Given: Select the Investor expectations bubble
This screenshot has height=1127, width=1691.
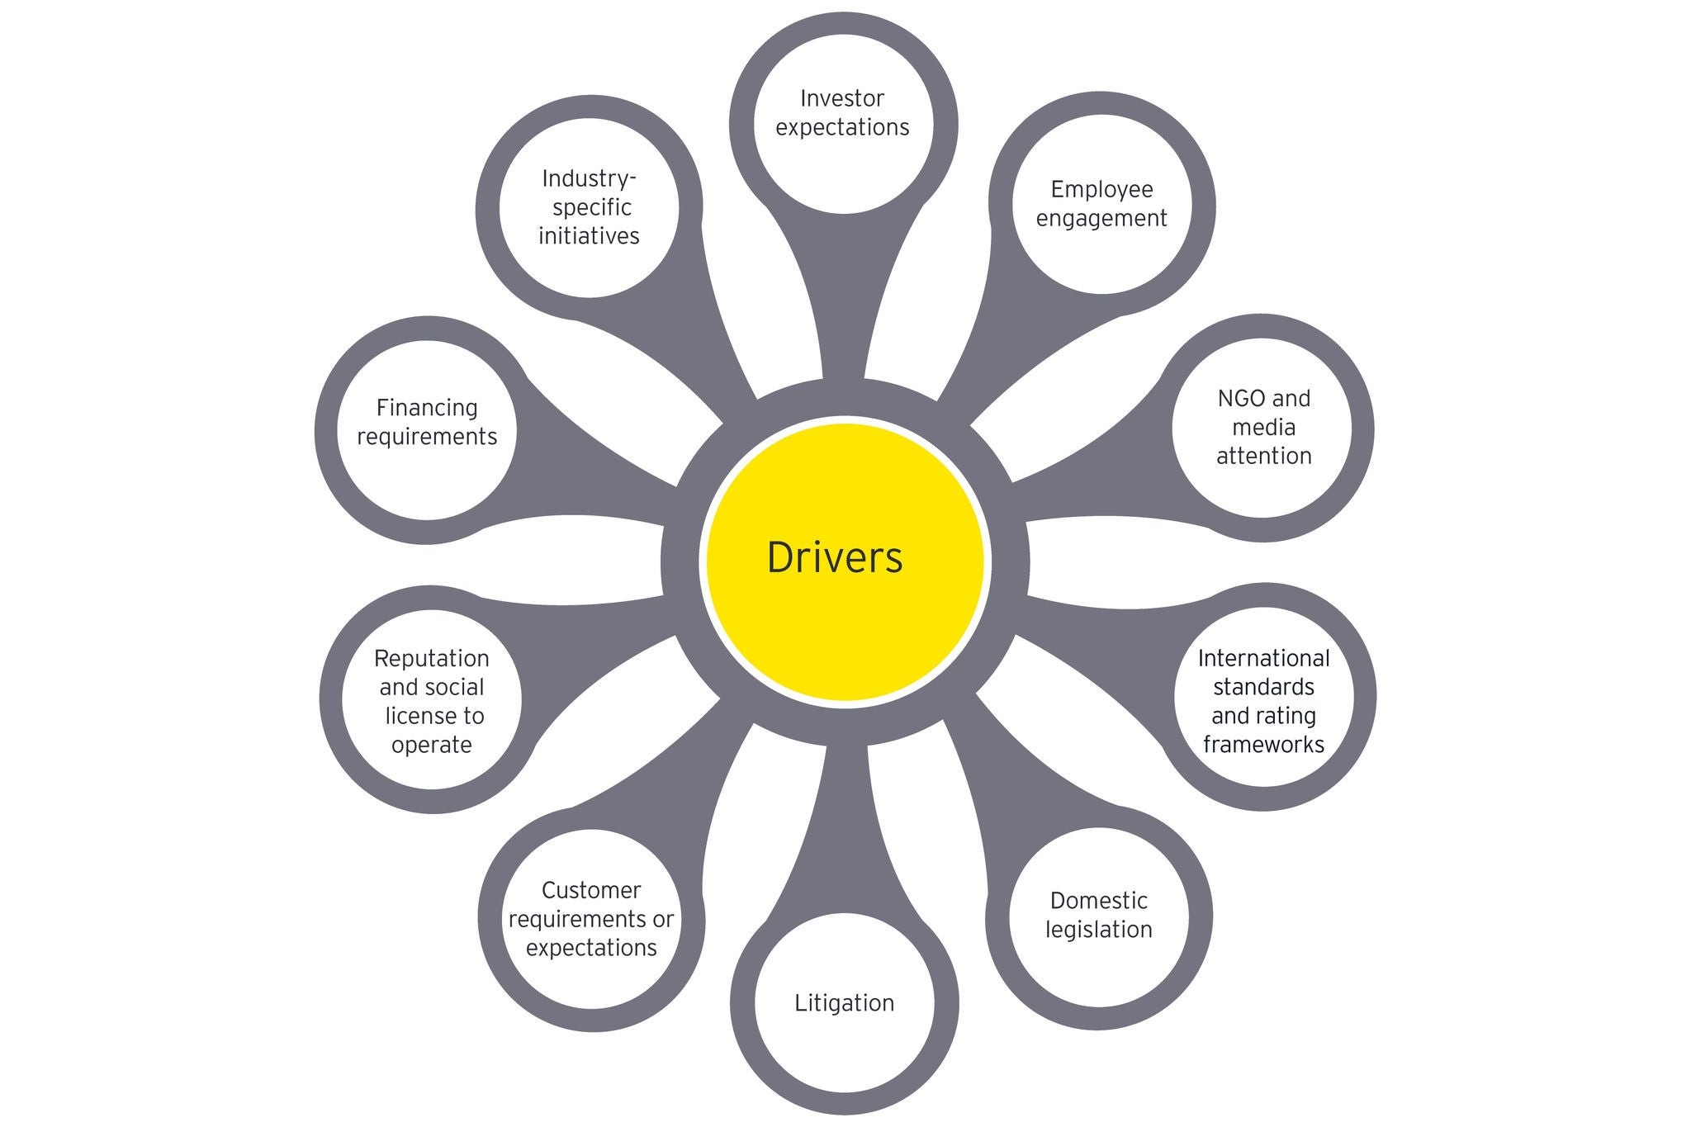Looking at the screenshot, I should click(843, 124).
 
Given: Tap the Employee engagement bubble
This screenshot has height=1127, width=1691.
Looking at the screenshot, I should click(1101, 203).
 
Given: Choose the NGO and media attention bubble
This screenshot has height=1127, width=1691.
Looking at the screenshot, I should click(1262, 428).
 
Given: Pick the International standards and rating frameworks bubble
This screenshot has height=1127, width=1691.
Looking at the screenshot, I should click(1263, 698).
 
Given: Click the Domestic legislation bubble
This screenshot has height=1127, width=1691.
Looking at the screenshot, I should click(1098, 915).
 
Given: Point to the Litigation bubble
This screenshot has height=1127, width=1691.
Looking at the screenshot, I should click(844, 1003).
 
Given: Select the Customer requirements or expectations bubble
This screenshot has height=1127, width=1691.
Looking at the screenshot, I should click(591, 918).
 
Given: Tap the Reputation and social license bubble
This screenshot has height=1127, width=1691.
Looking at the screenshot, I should click(431, 700).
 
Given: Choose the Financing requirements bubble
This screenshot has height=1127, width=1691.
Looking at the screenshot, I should click(427, 429).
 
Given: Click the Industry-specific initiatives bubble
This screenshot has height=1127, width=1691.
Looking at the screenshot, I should click(589, 206).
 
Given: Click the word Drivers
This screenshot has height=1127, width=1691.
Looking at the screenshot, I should click(835, 557).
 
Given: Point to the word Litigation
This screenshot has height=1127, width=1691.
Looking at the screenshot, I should click(844, 1003).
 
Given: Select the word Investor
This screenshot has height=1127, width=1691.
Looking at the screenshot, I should click(842, 99).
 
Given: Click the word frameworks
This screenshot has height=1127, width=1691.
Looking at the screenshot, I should click(1263, 744).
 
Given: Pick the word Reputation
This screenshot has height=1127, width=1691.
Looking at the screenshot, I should click(431, 658).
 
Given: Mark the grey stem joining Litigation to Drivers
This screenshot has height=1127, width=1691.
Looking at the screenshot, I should click(845, 826).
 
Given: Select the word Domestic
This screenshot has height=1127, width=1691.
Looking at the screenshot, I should click(1098, 900).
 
